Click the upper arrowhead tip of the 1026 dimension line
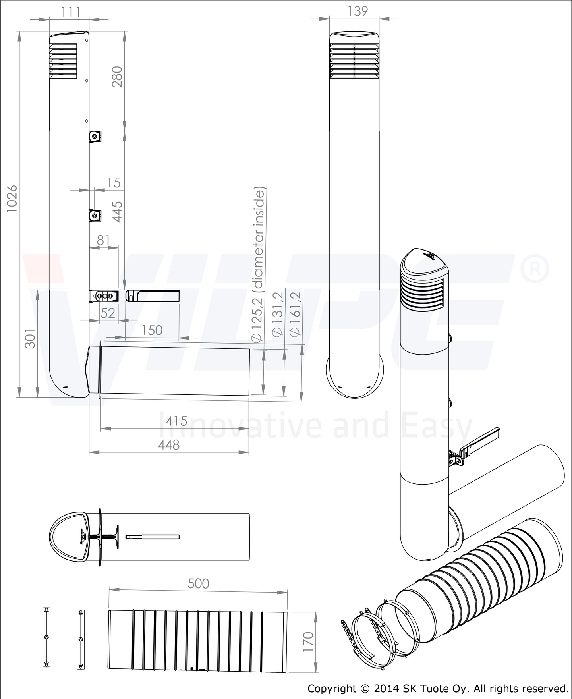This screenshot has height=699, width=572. [19, 32]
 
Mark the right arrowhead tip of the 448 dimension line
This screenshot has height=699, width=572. [249, 452]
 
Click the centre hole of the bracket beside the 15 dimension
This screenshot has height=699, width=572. [94, 216]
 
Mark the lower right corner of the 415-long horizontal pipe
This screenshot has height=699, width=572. [250, 396]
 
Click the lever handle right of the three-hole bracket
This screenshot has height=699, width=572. [153, 296]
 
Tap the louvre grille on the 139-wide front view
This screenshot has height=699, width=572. [354, 60]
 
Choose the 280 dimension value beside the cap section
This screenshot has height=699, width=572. [118, 77]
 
